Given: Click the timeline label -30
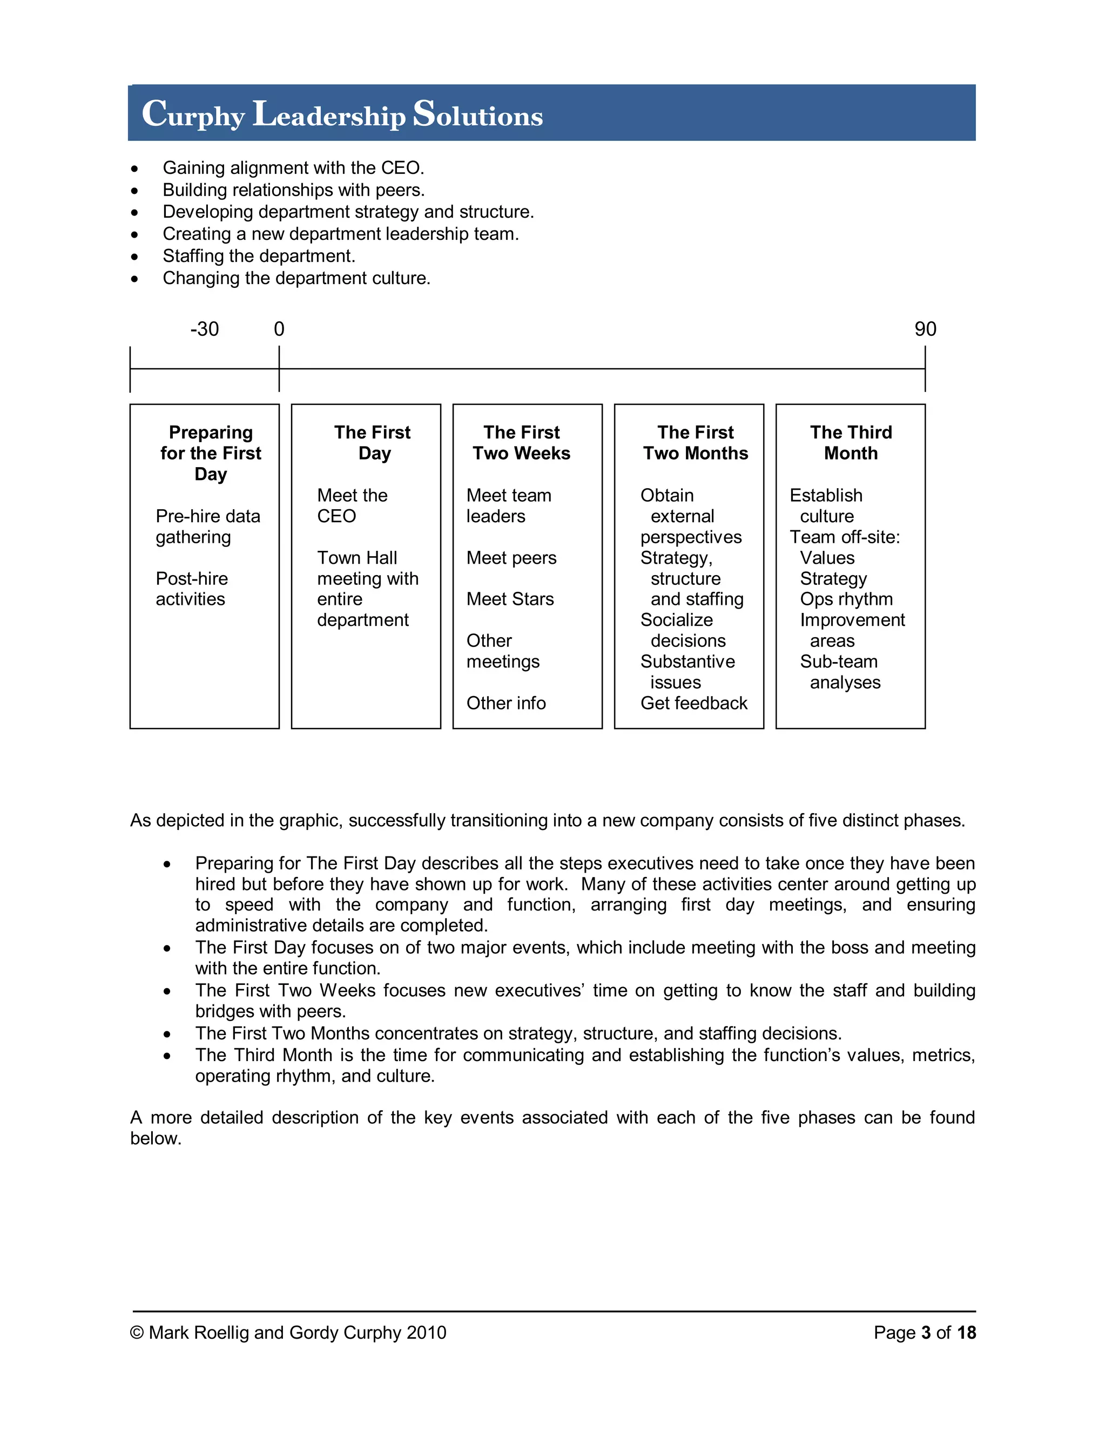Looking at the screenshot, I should [205, 329].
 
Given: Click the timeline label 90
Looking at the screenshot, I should [925, 329].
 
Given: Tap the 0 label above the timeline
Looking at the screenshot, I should [279, 329].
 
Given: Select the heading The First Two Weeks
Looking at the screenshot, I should [522, 443].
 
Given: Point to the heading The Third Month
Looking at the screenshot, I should [851, 443].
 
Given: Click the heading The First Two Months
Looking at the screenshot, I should [695, 443].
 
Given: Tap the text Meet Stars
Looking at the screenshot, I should [510, 599].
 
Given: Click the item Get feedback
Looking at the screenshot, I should [693, 703].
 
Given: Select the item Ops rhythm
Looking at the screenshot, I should [846, 599].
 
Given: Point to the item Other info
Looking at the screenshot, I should [506, 703].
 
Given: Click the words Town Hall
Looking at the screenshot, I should [357, 558].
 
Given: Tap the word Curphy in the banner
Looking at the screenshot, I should [193, 114].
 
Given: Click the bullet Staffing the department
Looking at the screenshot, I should [259, 255].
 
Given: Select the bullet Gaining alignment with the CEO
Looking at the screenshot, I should [293, 168].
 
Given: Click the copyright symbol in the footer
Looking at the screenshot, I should [137, 1333].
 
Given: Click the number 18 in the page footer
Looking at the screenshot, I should [966, 1333].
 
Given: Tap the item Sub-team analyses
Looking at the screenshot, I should [839, 672].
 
